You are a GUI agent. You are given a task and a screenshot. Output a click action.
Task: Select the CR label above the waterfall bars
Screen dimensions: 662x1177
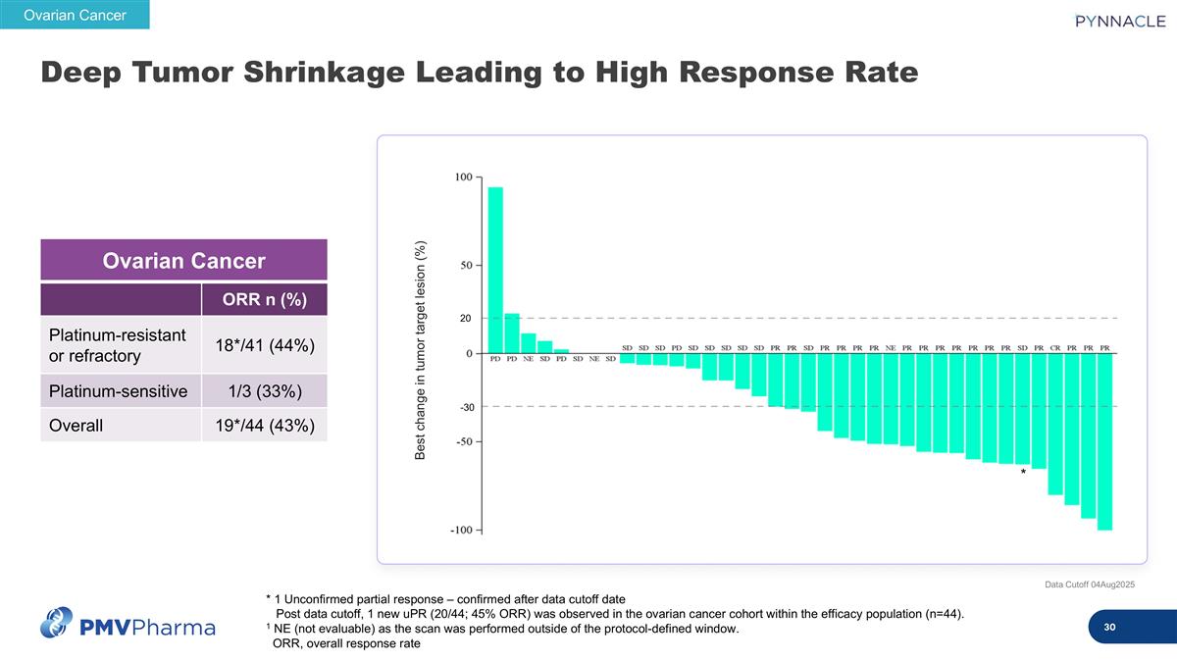(x=1055, y=347)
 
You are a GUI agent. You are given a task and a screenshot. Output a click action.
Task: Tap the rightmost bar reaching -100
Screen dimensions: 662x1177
(x=1104, y=441)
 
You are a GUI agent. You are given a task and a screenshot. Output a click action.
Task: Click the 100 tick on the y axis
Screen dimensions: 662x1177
(x=463, y=178)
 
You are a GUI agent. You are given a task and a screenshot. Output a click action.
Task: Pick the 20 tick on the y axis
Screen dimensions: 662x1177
(x=466, y=319)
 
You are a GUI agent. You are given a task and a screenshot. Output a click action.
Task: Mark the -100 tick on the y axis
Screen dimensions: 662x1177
(x=461, y=531)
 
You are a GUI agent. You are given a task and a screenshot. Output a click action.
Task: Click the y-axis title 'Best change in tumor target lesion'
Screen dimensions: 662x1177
(x=420, y=351)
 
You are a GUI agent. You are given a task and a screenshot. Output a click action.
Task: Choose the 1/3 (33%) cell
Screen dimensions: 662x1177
(x=264, y=391)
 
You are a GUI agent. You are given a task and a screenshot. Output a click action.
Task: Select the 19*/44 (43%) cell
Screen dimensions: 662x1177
(x=264, y=425)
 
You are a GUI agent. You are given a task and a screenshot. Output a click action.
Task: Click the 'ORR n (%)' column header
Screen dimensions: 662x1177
(x=264, y=299)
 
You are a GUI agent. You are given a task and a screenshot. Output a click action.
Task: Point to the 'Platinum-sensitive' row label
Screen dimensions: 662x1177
(x=119, y=391)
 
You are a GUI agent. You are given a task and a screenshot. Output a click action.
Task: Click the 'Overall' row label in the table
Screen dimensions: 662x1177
(x=77, y=425)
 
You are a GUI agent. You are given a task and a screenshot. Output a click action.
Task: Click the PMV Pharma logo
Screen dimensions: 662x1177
(x=128, y=624)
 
